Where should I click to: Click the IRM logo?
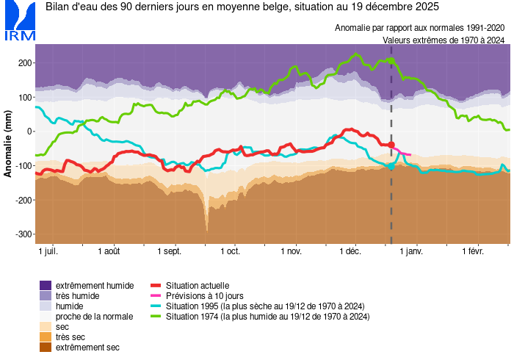(x=18, y=21)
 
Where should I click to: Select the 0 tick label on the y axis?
(x=29, y=132)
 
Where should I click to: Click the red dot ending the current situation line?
(x=391, y=145)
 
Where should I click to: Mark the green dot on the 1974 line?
(x=391, y=60)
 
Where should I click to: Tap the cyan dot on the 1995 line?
(x=391, y=166)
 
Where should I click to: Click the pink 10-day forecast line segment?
(x=401, y=151)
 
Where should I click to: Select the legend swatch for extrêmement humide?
(x=46, y=285)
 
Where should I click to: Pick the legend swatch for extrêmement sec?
(x=46, y=347)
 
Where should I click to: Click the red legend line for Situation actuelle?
(x=156, y=285)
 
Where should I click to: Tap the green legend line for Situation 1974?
(x=156, y=316)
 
